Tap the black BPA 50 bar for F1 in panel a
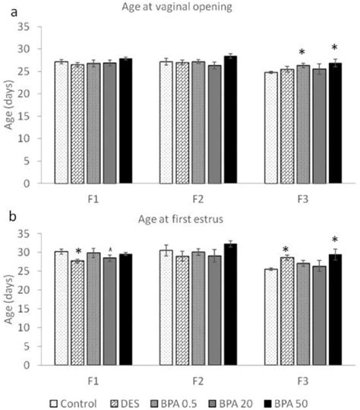pyautogui.click(x=125, y=121)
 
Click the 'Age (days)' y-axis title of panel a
pyautogui.click(x=10, y=105)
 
